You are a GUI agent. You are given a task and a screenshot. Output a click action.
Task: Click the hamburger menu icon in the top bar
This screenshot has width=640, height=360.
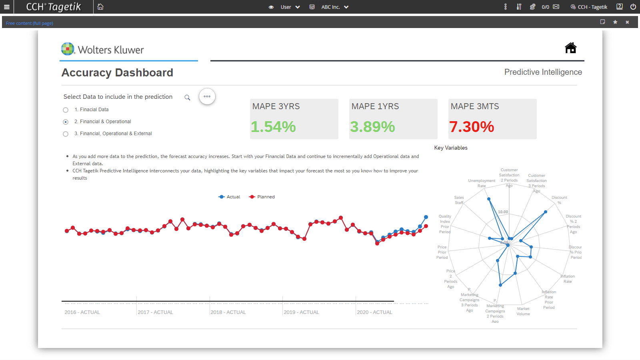point(7,7)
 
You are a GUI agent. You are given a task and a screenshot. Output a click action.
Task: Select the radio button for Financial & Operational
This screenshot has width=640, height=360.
point(66,122)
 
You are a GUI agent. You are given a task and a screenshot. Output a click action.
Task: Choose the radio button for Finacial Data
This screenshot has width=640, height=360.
point(66,110)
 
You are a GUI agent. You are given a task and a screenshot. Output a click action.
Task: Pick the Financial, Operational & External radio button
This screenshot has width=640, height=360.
point(66,134)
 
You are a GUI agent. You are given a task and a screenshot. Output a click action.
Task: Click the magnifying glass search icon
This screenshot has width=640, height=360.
point(187,98)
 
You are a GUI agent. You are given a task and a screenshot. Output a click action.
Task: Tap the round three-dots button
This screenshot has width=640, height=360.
point(207,96)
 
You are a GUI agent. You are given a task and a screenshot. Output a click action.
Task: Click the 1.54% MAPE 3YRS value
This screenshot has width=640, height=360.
point(273,127)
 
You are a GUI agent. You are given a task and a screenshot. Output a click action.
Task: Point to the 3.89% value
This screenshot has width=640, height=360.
point(372,127)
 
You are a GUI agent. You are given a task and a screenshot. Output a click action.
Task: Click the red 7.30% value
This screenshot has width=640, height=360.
point(472,127)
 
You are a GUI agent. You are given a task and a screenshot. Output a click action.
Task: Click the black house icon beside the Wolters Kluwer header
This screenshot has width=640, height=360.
point(570,48)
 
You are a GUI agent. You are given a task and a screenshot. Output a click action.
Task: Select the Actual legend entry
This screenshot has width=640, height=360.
point(230,197)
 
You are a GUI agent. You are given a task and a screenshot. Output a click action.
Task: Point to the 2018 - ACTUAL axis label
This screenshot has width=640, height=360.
point(228,312)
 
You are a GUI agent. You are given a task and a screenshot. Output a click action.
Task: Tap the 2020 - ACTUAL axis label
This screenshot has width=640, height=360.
point(374,312)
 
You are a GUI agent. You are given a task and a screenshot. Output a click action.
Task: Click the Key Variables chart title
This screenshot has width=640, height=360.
point(451,148)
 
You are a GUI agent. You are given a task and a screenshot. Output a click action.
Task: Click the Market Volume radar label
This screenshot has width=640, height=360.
point(523,311)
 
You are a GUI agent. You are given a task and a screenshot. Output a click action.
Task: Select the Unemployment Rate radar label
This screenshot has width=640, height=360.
point(482,183)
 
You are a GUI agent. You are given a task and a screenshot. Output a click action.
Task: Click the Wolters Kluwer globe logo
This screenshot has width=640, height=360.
point(68,49)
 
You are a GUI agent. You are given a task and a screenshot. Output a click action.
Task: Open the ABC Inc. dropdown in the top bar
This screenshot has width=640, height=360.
point(335,7)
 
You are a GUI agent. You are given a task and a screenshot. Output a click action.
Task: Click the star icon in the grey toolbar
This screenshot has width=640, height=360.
point(615,22)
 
